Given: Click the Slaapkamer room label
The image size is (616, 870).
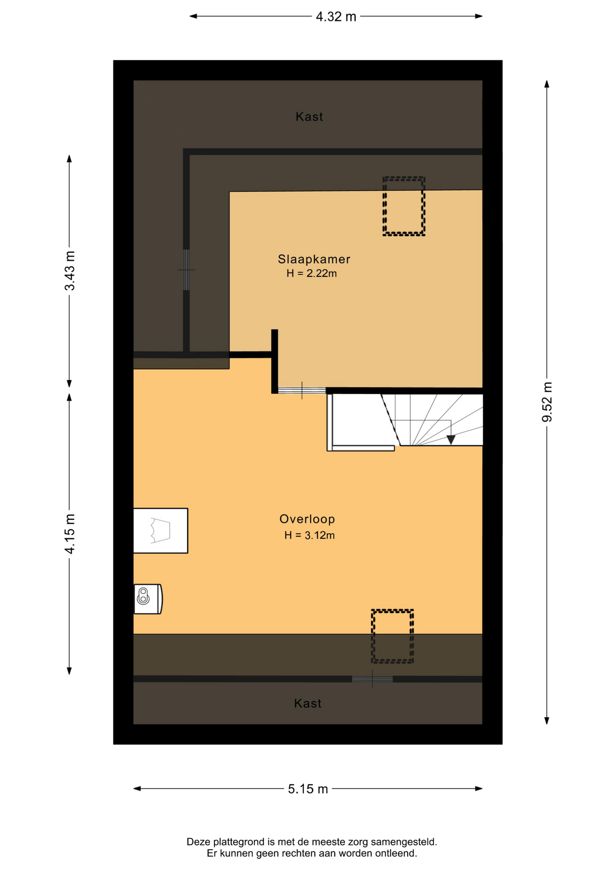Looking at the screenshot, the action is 314,259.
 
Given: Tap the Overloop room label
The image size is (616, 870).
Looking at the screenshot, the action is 307,519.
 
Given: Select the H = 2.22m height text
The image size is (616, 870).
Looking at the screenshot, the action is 312,273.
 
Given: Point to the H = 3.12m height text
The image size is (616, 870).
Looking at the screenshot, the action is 309,535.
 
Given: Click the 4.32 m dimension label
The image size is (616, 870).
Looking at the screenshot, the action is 336,17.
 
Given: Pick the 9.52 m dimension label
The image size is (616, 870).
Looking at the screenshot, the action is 548,402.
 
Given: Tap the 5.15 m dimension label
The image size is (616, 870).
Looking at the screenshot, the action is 308,789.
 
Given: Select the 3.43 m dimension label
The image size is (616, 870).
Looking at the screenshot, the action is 70,271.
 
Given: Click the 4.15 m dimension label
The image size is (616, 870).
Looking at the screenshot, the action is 70,534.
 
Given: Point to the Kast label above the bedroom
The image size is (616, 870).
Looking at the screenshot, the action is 309,117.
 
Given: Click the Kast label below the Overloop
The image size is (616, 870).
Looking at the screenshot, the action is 308,703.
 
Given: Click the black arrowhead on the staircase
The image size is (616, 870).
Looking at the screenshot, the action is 451,440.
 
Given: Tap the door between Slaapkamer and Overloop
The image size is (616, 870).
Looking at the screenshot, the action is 302,391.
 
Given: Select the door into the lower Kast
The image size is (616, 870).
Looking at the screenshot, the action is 372,679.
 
